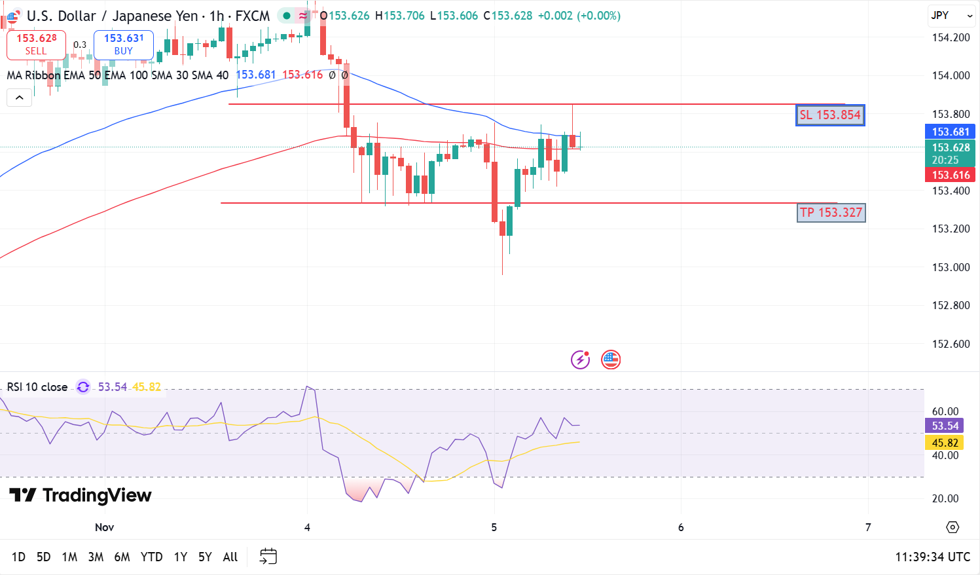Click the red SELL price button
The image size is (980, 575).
(36, 45)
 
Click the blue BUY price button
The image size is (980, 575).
(123, 45)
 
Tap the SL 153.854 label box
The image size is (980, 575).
(830, 115)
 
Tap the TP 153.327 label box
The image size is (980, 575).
(831, 213)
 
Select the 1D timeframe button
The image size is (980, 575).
(18, 557)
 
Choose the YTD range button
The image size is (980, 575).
(151, 557)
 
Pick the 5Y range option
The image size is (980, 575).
(205, 557)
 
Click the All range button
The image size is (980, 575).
(230, 557)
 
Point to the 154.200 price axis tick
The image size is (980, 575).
(951, 38)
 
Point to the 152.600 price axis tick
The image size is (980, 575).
(951, 344)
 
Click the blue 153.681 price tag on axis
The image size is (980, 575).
(950, 132)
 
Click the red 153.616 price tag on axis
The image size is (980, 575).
(950, 175)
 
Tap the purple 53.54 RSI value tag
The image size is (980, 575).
(945, 426)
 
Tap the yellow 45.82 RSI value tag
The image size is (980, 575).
(945, 443)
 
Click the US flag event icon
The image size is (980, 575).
(611, 360)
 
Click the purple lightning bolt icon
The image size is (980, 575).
(580, 360)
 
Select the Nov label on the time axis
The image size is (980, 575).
(105, 528)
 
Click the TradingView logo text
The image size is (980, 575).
(81, 496)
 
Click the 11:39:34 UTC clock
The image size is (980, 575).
(932, 557)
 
